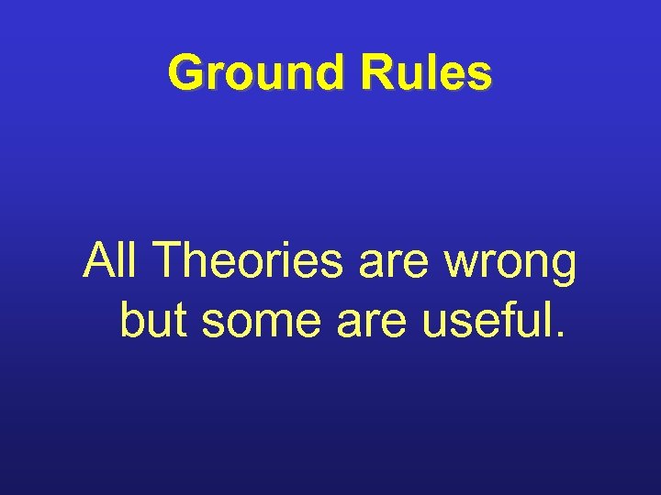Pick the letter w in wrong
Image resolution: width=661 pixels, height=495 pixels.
[462, 268]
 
